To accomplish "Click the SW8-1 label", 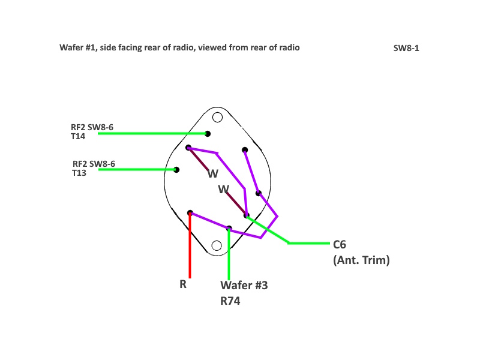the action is point(406,49).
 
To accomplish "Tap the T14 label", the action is point(78,136).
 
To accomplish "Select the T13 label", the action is point(79,173).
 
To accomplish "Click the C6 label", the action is point(340,245).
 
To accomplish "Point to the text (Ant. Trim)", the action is point(361,260).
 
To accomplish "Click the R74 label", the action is point(230,301).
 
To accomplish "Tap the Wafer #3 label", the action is point(244,286).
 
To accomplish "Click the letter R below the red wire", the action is point(183,284).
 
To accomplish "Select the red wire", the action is point(190,245).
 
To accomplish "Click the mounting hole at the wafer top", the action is point(217,117).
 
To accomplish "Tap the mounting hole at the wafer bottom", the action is point(217,245).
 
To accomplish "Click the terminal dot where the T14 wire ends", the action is point(208,134).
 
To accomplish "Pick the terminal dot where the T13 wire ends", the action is point(176,170).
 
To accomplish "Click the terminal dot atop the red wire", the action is point(190,213).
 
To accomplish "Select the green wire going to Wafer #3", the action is point(229,254).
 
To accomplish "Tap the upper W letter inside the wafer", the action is point(213,174).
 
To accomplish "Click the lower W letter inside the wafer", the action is point(223,189).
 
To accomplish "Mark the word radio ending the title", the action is point(290,47).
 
